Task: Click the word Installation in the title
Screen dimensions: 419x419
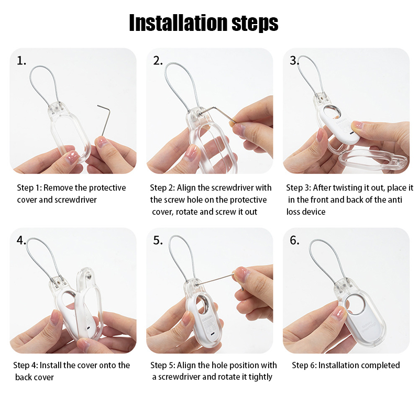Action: [179, 23]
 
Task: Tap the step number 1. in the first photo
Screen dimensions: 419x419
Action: [21, 61]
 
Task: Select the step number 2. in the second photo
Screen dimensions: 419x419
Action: [158, 61]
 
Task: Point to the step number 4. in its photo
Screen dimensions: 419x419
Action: [21, 240]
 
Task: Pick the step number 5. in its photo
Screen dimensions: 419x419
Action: [158, 240]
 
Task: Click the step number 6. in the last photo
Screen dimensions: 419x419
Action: [294, 240]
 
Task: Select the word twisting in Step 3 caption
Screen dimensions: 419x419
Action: [341, 188]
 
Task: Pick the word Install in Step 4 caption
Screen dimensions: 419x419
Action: [50, 365]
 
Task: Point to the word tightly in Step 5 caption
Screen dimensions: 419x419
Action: [260, 377]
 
